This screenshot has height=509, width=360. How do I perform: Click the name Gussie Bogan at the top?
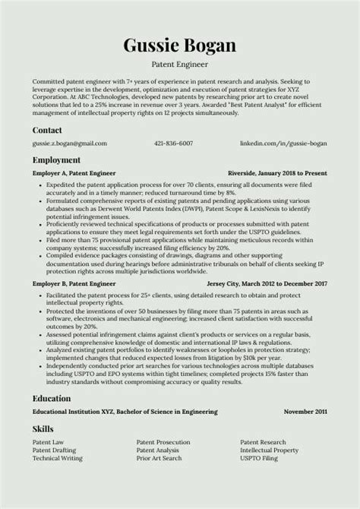(x=179, y=46)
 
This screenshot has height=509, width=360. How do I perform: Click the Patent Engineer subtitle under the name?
(x=179, y=65)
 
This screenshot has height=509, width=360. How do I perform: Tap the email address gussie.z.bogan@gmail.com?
(x=69, y=143)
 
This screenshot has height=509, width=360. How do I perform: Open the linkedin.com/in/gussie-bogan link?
(x=283, y=143)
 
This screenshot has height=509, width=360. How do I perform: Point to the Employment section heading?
(x=56, y=160)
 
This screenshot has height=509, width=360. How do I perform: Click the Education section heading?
(x=52, y=398)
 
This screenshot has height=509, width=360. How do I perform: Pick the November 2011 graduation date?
(x=305, y=411)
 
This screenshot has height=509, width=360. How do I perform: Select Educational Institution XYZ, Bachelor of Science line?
(x=125, y=411)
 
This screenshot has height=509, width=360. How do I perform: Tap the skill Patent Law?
(x=49, y=442)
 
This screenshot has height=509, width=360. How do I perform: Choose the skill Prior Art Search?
(x=159, y=458)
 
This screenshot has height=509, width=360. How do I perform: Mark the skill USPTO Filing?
(x=261, y=458)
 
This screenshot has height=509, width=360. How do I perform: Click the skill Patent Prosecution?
(x=163, y=442)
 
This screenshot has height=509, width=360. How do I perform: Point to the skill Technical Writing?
(x=57, y=458)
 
